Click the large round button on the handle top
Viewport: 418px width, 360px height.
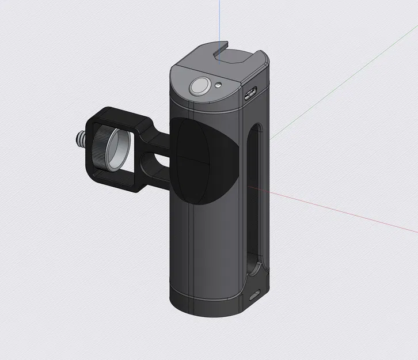click(200, 87)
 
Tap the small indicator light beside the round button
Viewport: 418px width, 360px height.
click(219, 85)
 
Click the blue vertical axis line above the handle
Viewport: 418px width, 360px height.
click(219, 23)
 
